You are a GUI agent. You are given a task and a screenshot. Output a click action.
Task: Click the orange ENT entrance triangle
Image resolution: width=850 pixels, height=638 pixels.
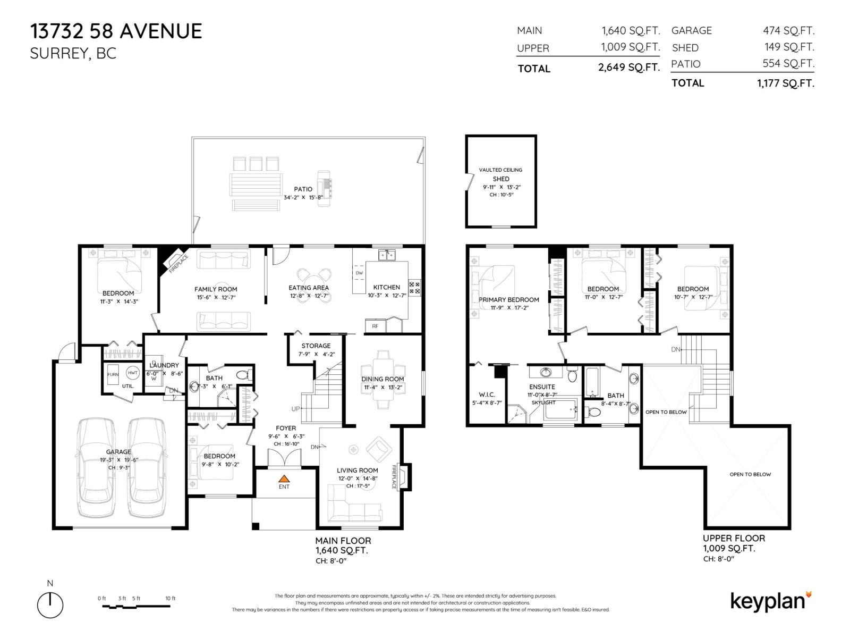[284, 478]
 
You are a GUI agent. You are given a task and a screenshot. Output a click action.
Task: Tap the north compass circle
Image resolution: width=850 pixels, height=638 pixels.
[50, 605]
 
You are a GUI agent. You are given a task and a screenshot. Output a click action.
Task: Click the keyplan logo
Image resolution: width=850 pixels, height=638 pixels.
[771, 601]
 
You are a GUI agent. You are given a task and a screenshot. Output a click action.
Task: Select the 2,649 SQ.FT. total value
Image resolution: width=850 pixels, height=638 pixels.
[628, 68]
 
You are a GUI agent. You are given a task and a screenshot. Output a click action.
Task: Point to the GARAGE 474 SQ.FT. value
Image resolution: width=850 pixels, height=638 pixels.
[788, 31]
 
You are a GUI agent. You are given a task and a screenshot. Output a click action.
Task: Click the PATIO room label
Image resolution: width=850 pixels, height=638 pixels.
[303, 189]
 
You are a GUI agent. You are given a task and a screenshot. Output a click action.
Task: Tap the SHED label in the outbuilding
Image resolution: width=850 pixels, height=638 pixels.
[500, 179]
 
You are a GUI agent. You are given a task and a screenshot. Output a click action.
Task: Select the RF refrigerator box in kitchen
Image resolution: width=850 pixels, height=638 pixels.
[375, 326]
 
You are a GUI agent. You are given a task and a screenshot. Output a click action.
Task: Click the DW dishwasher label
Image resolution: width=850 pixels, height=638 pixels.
[359, 273]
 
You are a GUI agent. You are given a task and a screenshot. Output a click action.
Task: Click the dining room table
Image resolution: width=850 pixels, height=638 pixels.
[382, 379]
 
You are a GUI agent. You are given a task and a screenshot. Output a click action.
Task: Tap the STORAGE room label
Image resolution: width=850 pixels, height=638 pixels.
[316, 346]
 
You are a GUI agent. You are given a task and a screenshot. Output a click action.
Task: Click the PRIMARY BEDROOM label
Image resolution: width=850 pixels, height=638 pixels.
[509, 300]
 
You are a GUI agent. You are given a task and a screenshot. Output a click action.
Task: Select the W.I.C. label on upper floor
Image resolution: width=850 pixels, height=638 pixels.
[487, 394]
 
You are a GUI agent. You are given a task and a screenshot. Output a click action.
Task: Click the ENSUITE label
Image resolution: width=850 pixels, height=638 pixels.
[542, 387]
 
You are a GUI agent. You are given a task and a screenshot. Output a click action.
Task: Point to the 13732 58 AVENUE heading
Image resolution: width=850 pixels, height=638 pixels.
[116, 31]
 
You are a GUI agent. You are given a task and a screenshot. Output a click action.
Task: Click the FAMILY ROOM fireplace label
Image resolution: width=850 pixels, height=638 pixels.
[178, 264]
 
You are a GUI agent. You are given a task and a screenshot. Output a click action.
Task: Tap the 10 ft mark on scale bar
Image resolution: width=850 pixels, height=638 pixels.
[170, 599]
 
